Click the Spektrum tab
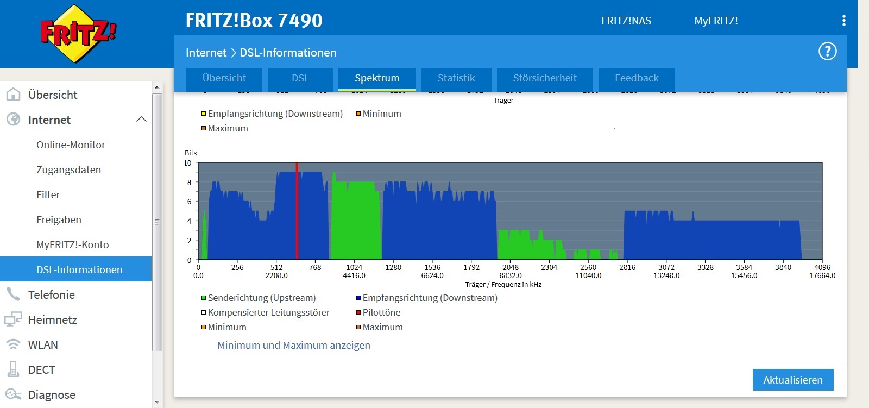click(x=377, y=78)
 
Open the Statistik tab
click(x=456, y=78)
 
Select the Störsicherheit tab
click(x=545, y=78)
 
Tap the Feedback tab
click(x=637, y=78)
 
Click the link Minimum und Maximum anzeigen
click(x=294, y=346)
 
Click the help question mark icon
click(x=827, y=52)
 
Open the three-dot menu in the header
click(x=843, y=21)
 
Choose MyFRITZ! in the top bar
click(x=716, y=21)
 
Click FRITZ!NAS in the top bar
click(x=626, y=21)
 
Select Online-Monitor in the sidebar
click(x=71, y=145)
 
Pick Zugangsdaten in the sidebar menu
click(x=68, y=170)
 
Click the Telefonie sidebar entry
click(x=52, y=295)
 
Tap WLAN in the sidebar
click(x=43, y=345)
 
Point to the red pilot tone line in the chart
click(x=297, y=212)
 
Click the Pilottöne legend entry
click(x=381, y=312)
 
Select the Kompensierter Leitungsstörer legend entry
click(x=268, y=312)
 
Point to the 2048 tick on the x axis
click(x=511, y=267)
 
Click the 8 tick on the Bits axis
click(x=189, y=183)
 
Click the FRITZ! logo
click(x=78, y=33)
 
